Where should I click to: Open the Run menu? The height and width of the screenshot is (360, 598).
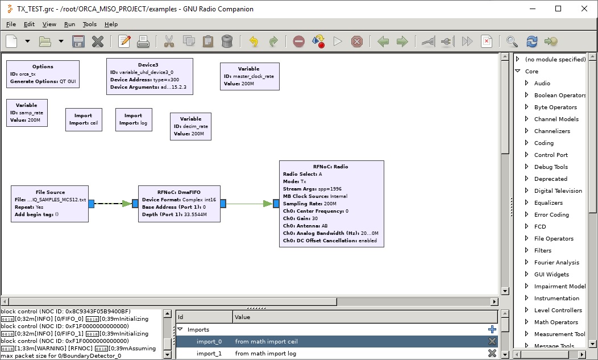pyautogui.click(x=69, y=24)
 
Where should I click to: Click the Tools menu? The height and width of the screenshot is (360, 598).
pyautogui.click(x=89, y=24)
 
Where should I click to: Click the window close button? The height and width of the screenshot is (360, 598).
pyautogui.click(x=584, y=9)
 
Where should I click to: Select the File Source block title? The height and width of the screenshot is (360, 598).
pyautogui.click(x=50, y=192)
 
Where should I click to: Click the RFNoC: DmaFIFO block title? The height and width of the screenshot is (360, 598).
pyautogui.click(x=178, y=192)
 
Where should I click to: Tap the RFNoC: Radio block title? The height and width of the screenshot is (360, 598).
pyautogui.click(x=330, y=167)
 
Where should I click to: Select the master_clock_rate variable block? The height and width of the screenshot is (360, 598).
pyautogui.click(x=249, y=76)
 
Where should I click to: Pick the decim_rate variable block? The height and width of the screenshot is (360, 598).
pyautogui.click(x=190, y=126)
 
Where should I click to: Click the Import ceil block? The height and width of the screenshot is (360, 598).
pyautogui.click(x=84, y=119)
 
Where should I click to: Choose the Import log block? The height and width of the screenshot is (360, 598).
pyautogui.click(x=133, y=119)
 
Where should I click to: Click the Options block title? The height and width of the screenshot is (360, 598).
pyautogui.click(x=43, y=67)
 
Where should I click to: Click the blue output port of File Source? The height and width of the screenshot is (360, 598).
pyautogui.click(x=92, y=204)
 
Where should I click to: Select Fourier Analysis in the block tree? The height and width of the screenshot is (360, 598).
pyautogui.click(x=557, y=262)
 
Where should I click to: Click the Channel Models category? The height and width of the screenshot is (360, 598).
pyautogui.click(x=556, y=119)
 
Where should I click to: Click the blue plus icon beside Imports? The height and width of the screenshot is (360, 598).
pyautogui.click(x=492, y=329)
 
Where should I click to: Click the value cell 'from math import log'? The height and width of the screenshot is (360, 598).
pyautogui.click(x=266, y=354)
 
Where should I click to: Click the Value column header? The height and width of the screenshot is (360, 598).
pyautogui.click(x=243, y=317)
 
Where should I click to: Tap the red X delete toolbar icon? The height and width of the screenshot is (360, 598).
pyautogui.click(x=98, y=42)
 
